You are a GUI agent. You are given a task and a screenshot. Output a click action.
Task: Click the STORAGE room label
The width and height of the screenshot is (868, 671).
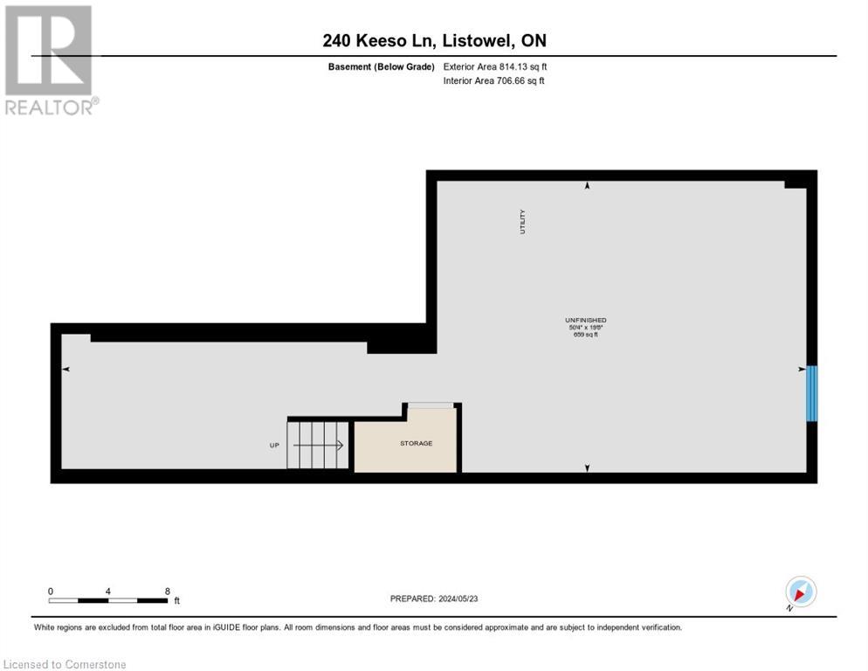coord(416,444)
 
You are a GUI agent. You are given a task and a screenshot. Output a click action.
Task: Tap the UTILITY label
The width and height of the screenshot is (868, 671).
coord(523,220)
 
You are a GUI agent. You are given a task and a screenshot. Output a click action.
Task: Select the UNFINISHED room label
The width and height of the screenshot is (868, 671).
coord(585,321)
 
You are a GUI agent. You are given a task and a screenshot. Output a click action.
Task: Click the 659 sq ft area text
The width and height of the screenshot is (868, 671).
coord(585,335)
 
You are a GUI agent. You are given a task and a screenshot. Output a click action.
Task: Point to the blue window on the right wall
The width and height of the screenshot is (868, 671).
coord(811,393)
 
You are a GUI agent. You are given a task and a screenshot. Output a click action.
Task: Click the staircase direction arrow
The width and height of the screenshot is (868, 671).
coord(319,445)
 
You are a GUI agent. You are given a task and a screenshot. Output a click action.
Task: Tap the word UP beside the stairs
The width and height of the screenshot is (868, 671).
coord(274,446)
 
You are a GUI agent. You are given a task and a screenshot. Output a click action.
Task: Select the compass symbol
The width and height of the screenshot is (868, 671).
coord(800,591)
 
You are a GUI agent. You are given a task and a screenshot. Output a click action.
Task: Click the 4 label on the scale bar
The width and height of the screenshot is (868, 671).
coord(107,591)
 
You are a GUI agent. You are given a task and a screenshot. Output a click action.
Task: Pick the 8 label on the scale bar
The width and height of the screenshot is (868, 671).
coord(167,591)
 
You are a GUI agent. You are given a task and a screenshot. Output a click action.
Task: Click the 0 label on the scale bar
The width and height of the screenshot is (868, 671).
coord(51,591)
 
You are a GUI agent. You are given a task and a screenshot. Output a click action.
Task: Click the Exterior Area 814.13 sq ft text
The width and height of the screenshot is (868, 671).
coord(494,66)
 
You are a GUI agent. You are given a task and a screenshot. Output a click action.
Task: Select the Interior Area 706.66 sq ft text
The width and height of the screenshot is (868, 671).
coord(493,81)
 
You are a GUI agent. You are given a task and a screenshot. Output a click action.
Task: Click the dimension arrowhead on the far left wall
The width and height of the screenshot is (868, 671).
coord(65,370)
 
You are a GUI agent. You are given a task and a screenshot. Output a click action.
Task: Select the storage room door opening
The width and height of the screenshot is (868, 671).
coord(431,405)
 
